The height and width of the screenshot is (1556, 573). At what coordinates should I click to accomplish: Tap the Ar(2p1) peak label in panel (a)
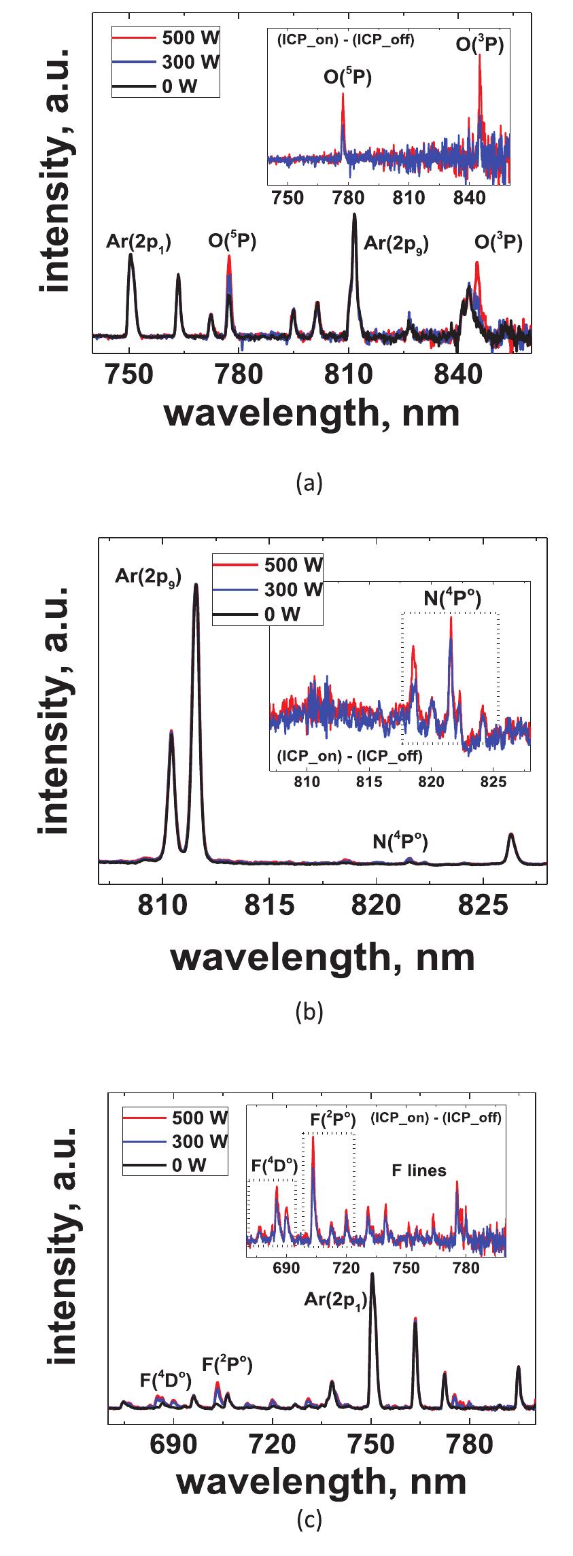139,243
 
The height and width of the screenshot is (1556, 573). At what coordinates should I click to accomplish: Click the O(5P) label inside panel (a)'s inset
347,78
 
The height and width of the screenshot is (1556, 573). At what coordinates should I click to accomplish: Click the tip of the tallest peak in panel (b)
196,585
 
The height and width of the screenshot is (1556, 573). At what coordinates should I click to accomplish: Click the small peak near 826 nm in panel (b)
511,835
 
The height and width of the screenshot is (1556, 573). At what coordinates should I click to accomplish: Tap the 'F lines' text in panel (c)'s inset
419,1171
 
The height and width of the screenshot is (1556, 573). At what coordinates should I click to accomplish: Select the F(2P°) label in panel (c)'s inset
328,1120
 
